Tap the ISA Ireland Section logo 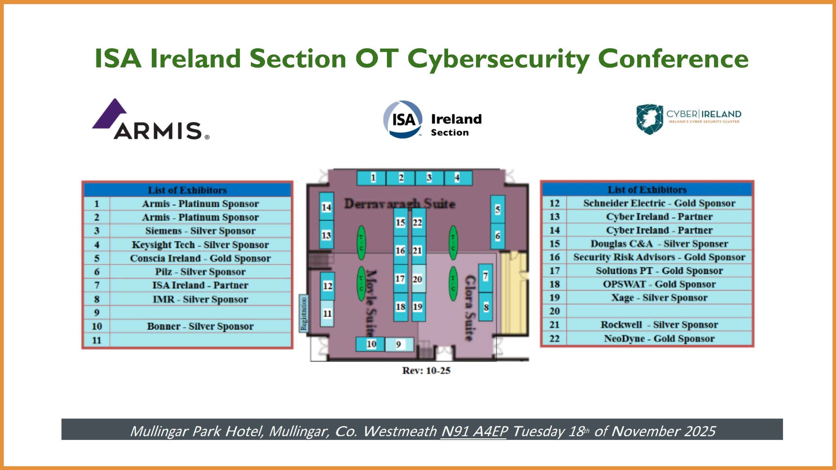point(432,120)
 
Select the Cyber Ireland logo point(688,119)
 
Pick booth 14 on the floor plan point(326,207)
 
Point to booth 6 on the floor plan point(497,236)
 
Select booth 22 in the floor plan point(417,223)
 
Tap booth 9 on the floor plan point(399,344)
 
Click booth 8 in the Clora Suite point(486,307)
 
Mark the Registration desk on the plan point(304,314)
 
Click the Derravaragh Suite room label point(399,204)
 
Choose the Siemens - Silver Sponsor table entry point(200,231)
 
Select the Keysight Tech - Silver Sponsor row point(200,244)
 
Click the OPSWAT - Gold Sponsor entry point(659,284)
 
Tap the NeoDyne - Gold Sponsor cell point(659,338)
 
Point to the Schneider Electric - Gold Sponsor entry point(659,203)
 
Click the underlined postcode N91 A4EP point(474,431)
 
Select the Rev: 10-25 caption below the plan point(426,370)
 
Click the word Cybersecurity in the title point(499,59)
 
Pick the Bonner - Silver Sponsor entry point(200,326)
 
